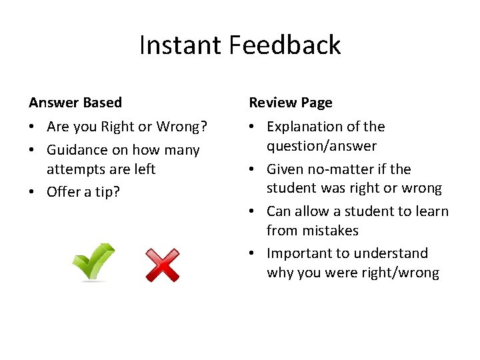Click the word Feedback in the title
tap(285, 45)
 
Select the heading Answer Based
tap(75, 103)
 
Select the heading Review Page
tap(291, 103)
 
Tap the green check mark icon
tap(93, 262)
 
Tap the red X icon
tap(163, 265)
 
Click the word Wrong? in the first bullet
tap(181, 127)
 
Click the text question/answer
tap(321, 146)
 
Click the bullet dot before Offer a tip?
tap(33, 193)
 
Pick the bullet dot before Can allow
tap(253, 212)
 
